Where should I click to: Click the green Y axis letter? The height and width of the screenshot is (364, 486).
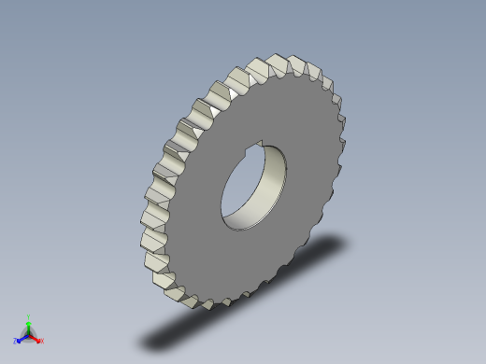coord(28,316)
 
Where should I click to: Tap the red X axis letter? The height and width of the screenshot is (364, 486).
coord(42,341)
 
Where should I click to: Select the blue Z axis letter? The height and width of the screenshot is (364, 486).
coord(15,341)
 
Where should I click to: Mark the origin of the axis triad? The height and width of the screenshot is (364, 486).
coord(28,333)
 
